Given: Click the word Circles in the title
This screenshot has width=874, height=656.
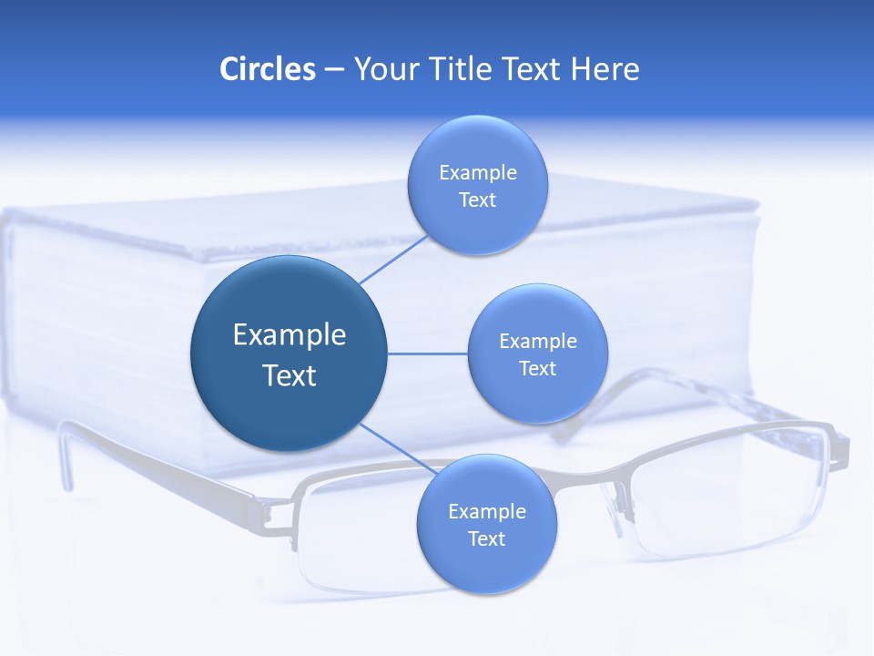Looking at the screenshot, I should point(267,69).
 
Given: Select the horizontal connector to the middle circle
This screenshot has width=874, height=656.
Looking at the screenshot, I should point(427,354).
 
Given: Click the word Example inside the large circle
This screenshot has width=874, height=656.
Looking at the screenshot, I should point(290,334).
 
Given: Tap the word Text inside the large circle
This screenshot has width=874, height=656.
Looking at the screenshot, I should point(290,375).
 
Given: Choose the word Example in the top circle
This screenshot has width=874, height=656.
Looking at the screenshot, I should point(478,172).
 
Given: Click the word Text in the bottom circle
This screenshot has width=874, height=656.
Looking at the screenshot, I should point(486,538).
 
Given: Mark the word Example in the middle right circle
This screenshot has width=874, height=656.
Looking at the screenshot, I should point(538,341).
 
